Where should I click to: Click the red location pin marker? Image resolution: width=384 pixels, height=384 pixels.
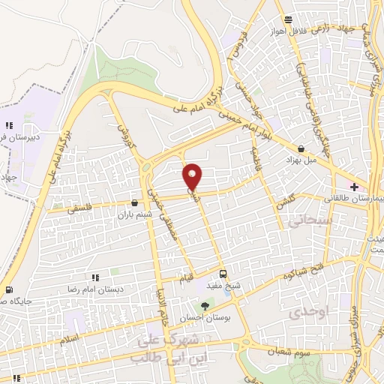tap(192, 176)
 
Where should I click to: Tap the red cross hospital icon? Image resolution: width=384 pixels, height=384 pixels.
tap(354, 186)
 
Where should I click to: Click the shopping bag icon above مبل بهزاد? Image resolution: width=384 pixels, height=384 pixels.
tap(301, 148)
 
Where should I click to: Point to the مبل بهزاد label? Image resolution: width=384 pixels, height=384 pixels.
tap(301, 160)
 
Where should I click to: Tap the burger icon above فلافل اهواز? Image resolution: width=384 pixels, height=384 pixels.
tap(286, 20)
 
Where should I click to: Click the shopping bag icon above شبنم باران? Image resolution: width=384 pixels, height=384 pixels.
tap(134, 202)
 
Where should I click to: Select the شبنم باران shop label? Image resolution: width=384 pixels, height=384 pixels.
tap(133, 214)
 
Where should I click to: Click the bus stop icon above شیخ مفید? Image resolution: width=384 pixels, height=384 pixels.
tap(223, 274)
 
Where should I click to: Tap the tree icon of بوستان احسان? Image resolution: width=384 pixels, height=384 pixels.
tap(204, 305)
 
